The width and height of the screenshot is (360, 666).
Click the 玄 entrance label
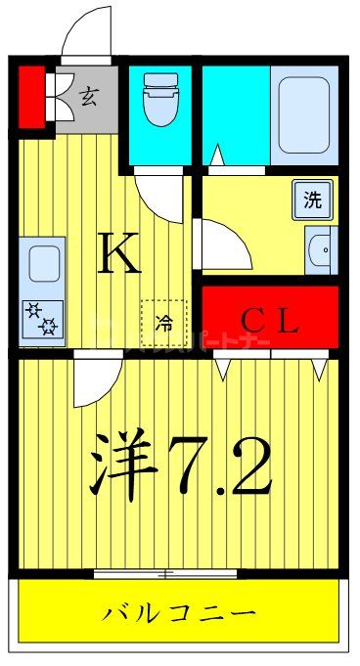coord(89,96)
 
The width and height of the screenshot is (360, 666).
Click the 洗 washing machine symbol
coord(312,201)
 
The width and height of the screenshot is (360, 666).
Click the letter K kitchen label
coord(121,256)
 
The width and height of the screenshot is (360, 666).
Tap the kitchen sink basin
coord(43,263)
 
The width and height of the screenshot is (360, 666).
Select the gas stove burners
coord(43,319)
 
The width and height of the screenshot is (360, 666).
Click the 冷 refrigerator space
coord(163,323)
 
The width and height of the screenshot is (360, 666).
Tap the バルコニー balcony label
coord(179,613)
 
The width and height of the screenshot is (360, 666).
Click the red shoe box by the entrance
coord(31,96)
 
